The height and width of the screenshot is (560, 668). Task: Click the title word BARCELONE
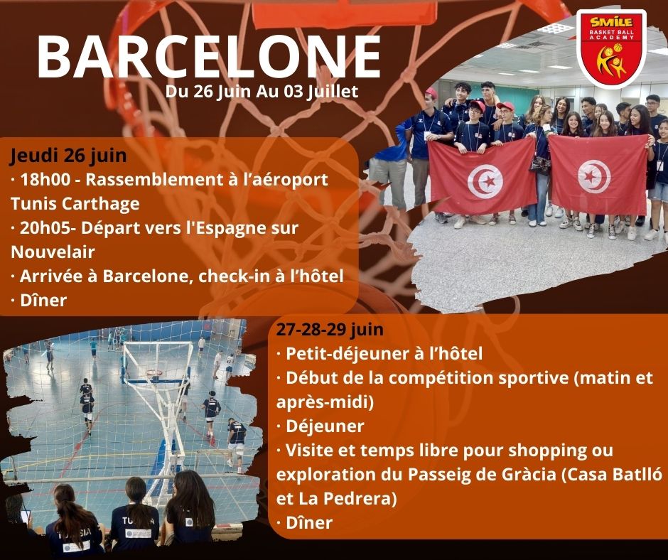pyautogui.click(x=209, y=57)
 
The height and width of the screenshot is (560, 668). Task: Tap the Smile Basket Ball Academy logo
pyautogui.click(x=611, y=50)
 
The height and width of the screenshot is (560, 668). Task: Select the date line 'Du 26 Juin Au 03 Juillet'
pyautogui.click(x=262, y=92)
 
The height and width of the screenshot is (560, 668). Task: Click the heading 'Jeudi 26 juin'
pyautogui.click(x=69, y=155)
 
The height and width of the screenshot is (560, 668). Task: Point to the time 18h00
pyautogui.click(x=45, y=179)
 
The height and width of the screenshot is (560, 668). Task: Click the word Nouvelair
pyautogui.click(x=53, y=252)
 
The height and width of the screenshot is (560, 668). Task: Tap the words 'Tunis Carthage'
pyautogui.click(x=75, y=204)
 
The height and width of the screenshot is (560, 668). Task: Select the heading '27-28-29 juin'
pyautogui.click(x=330, y=330)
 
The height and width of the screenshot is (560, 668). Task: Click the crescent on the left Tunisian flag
pyautogui.click(x=484, y=181)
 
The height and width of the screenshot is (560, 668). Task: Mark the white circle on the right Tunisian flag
pyautogui.click(x=594, y=176)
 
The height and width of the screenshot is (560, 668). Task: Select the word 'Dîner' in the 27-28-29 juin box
pyautogui.click(x=309, y=523)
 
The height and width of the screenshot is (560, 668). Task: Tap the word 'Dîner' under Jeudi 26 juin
pyautogui.click(x=43, y=301)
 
